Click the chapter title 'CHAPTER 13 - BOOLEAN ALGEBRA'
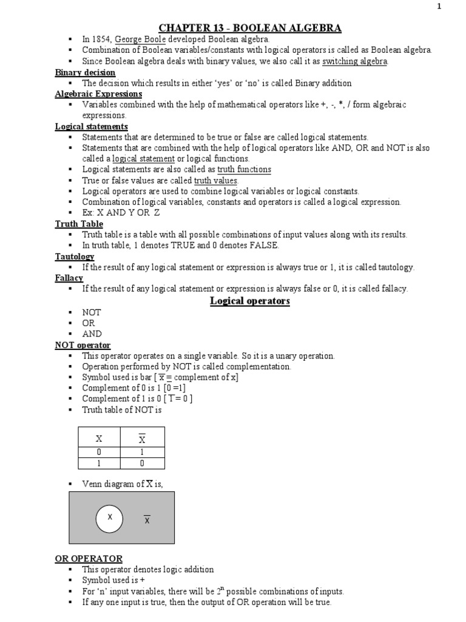[x=250, y=28]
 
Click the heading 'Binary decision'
[x=85, y=72]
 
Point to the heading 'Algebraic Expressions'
[x=98, y=94]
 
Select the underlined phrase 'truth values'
[x=216, y=180]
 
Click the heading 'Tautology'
[x=75, y=256]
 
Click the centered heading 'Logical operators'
[x=250, y=301]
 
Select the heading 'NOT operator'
[x=83, y=345]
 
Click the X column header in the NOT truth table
[x=99, y=439]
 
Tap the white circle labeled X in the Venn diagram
[x=109, y=518]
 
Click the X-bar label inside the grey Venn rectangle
[x=147, y=521]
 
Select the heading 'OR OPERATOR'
[x=89, y=558]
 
